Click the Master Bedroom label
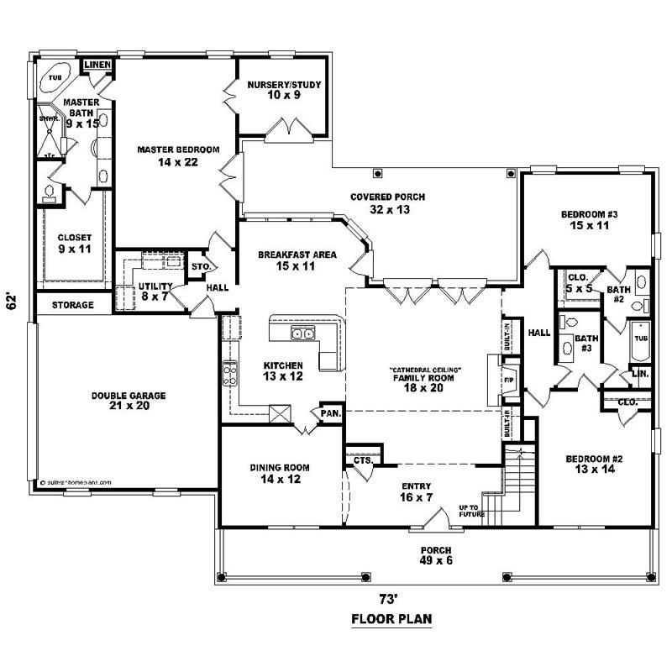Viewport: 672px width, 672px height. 178,150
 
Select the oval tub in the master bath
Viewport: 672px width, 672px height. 56,76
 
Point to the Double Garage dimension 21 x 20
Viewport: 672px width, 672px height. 129,407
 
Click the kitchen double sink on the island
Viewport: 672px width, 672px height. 302,335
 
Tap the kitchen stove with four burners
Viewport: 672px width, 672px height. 229,372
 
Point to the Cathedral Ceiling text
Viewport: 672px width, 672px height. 426,370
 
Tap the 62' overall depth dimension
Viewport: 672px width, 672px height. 12,301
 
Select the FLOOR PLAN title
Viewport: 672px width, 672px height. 391,621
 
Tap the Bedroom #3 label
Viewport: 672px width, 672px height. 590,216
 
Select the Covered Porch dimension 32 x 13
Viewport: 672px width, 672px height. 387,209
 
